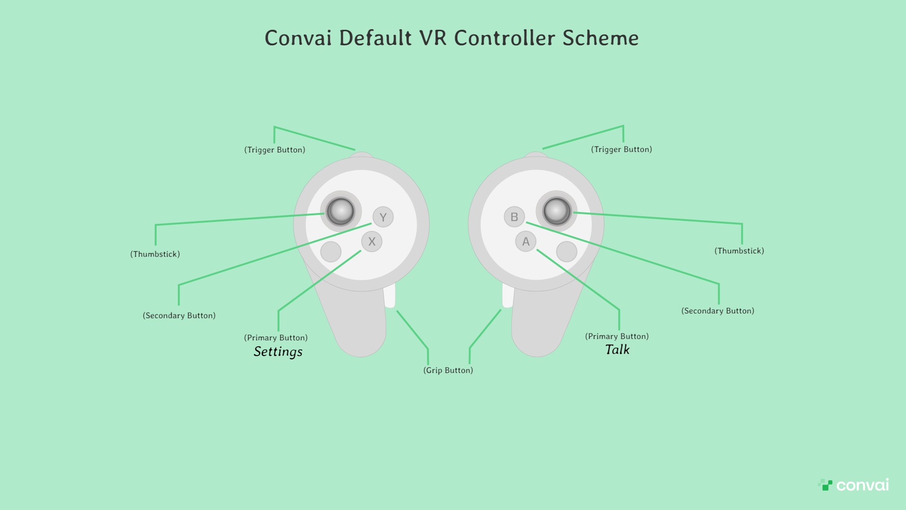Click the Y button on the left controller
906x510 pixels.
coord(383,217)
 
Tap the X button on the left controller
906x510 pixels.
coord(372,241)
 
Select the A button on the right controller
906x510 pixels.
coord(526,241)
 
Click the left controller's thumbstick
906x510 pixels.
coord(340,211)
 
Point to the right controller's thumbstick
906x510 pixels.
coord(557,211)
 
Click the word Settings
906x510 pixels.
coord(278,352)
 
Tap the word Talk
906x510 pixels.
coord(617,350)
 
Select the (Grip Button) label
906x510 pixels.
coord(448,370)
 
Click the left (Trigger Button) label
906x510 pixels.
coord(275,150)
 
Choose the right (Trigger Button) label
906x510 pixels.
coord(621,149)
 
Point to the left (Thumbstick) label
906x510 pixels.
coord(155,254)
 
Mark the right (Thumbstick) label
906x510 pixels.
coord(739,251)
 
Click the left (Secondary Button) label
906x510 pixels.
coord(179,315)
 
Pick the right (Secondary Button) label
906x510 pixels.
coord(718,311)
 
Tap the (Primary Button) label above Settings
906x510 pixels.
coord(276,338)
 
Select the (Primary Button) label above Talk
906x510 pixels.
coord(617,336)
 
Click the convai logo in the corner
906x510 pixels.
coord(854,485)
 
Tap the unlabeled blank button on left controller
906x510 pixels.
coord(331,252)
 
